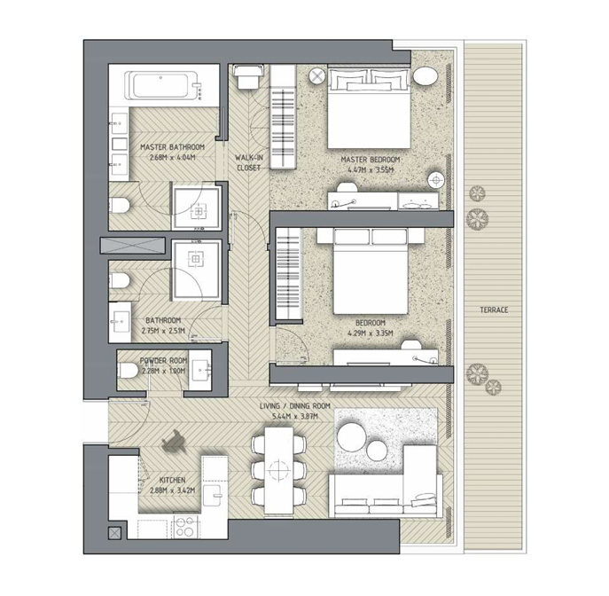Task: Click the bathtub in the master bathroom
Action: pyautogui.click(x=163, y=86)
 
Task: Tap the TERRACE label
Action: pyautogui.click(x=494, y=310)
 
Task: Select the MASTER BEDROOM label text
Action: pyautogui.click(x=371, y=160)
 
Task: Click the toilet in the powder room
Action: pyautogui.click(x=128, y=370)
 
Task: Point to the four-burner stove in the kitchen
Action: pyautogui.click(x=185, y=527)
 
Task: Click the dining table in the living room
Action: pyautogui.click(x=279, y=470)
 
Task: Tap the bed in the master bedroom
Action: pyautogui.click(x=369, y=108)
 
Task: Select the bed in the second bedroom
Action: pyautogui.click(x=371, y=271)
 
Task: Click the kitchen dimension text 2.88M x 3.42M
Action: pyautogui.click(x=173, y=490)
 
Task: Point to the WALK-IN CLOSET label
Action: pyautogui.click(x=249, y=163)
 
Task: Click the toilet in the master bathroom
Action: pyautogui.click(x=119, y=205)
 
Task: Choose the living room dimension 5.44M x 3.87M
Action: pyautogui.click(x=295, y=416)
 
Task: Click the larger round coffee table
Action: pyautogui.click(x=352, y=437)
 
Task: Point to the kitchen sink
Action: pyautogui.click(x=213, y=495)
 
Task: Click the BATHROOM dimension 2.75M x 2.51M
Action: pyautogui.click(x=163, y=331)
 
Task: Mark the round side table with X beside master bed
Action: pyautogui.click(x=317, y=76)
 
